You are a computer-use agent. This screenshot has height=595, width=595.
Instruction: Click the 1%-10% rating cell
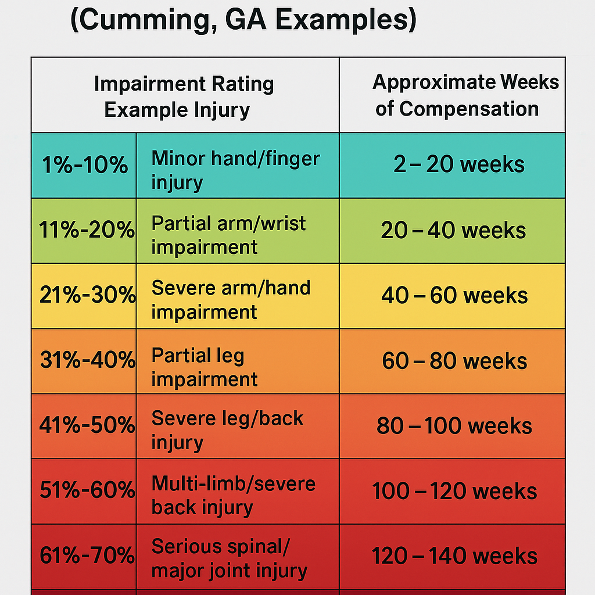point(84,166)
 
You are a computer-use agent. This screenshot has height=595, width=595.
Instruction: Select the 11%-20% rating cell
point(84,230)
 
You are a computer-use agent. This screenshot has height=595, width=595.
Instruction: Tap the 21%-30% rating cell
point(84,296)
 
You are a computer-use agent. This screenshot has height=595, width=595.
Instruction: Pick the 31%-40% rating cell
point(84,361)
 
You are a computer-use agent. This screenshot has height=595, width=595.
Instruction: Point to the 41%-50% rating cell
point(84,426)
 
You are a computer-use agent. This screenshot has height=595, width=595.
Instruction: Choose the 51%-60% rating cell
point(84,492)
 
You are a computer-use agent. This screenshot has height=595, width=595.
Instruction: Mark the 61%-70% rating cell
point(84,557)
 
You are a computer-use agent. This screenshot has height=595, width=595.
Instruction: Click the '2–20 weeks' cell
point(452,166)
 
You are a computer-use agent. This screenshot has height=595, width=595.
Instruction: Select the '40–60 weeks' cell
point(452,296)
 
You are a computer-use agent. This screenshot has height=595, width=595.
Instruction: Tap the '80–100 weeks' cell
point(452,426)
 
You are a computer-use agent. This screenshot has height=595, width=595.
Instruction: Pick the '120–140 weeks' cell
point(452,557)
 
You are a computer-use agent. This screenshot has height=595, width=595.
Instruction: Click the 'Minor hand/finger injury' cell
point(238,166)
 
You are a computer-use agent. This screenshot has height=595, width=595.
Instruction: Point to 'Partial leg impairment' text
point(204,367)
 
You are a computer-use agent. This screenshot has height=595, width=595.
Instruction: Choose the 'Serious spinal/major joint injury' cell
point(238,557)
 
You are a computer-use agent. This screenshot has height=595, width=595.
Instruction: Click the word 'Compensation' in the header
point(469,109)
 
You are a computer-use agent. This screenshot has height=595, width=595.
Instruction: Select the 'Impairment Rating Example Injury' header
point(184,97)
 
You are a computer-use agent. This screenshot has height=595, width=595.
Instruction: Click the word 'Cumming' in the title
point(144,20)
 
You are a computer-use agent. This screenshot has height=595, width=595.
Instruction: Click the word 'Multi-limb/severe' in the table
point(234,484)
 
